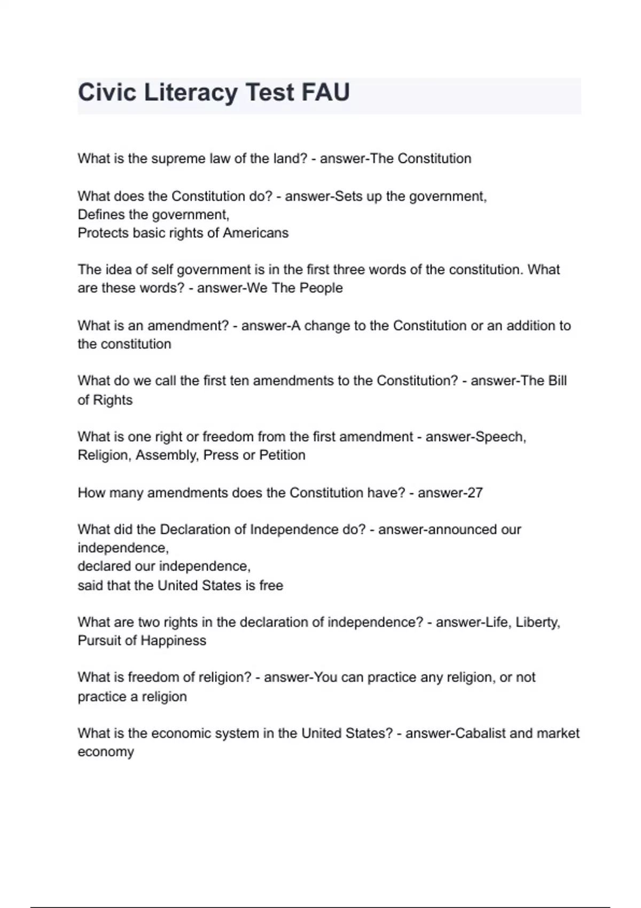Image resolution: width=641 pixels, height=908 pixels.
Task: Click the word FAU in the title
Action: [x=325, y=92]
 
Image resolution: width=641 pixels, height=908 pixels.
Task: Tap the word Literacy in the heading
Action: [x=191, y=92]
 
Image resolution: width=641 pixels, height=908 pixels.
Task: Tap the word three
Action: [x=351, y=269]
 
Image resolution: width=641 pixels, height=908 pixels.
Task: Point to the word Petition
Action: [x=282, y=455]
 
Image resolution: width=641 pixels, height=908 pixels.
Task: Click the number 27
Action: [x=475, y=492]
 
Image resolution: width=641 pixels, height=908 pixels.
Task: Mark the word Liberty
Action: [x=537, y=622]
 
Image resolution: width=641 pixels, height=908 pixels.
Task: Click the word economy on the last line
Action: [x=106, y=752]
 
